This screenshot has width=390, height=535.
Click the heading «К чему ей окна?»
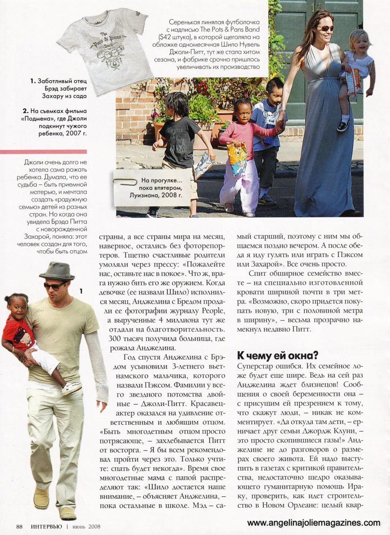pyautogui.click(x=277, y=356)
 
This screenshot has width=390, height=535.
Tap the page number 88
pyautogui.click(x=20, y=527)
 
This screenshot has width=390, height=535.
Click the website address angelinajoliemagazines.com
pyautogui.click(x=314, y=523)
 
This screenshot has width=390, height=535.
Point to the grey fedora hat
pyautogui.click(x=57, y=271)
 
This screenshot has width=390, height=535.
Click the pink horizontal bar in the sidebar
pyautogui.click(x=43, y=152)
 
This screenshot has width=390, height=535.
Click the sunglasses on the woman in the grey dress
pyautogui.click(x=325, y=28)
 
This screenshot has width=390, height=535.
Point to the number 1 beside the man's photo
pyautogui.click(x=81, y=291)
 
